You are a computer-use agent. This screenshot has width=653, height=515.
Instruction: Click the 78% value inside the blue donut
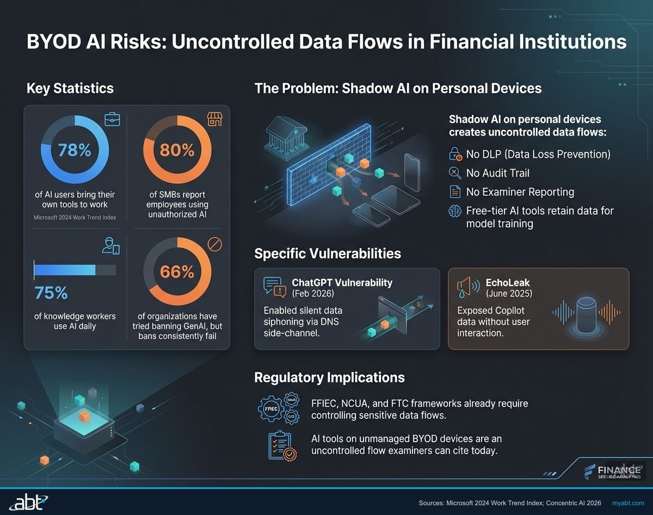[x=75, y=150]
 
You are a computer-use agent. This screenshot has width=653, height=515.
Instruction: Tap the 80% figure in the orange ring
[x=177, y=150]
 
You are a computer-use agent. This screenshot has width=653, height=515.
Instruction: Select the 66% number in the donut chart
[x=177, y=271]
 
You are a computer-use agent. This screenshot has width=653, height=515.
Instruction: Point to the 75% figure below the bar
[x=51, y=293]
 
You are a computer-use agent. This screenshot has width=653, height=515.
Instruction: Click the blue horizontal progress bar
[x=65, y=270]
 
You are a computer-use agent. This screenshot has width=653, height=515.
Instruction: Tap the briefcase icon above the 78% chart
[x=112, y=119]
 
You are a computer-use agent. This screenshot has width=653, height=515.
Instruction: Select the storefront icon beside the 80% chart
[x=214, y=119]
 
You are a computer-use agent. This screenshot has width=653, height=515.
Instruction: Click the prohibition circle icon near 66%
[x=215, y=245]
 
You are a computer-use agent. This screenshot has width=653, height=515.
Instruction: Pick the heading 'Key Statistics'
[x=70, y=88]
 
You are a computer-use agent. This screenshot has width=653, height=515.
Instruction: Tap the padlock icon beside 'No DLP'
[x=455, y=154]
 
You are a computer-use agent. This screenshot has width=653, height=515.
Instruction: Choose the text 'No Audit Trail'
[x=497, y=173]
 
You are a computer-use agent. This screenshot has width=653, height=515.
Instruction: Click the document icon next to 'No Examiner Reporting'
[x=455, y=191]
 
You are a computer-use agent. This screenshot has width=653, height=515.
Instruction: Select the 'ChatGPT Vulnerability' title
[x=342, y=282]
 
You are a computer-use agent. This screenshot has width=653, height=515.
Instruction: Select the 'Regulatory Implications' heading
[x=329, y=377]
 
